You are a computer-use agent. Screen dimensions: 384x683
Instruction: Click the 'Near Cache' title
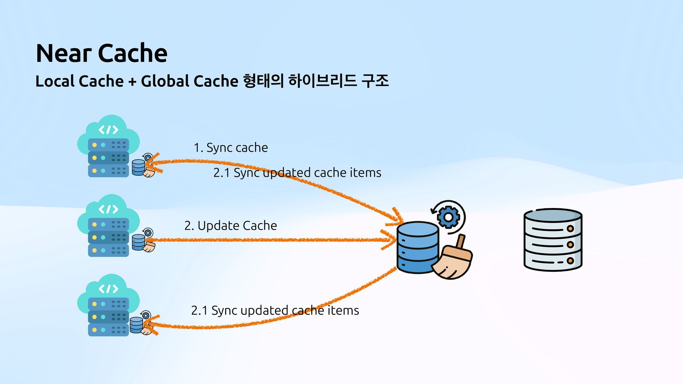(102, 53)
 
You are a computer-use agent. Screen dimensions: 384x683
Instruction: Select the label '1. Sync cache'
(231, 148)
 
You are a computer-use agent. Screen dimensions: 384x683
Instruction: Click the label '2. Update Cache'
(231, 225)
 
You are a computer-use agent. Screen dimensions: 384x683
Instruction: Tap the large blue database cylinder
(418, 247)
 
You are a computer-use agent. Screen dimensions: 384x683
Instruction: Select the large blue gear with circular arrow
(448, 217)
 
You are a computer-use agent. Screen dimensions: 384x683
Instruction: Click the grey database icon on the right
(553, 240)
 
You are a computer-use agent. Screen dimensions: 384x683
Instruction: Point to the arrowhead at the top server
(154, 163)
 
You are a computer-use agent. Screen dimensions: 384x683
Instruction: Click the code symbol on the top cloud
(108, 130)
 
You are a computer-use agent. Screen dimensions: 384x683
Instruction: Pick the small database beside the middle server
(138, 242)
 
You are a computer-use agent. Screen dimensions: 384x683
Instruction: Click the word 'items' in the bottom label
(343, 310)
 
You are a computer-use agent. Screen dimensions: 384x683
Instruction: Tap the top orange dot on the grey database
(570, 229)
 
